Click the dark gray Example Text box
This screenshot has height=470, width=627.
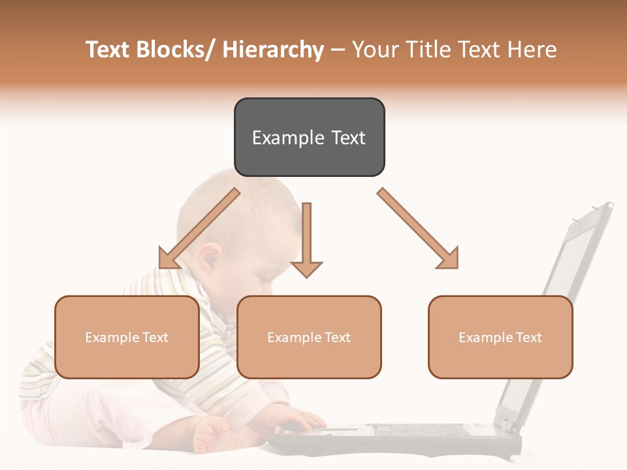309,137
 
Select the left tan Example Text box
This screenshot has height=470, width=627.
127,337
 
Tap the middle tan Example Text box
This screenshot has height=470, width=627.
309,337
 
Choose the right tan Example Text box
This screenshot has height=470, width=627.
500,337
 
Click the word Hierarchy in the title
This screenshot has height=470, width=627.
272,50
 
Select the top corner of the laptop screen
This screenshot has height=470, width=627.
607,205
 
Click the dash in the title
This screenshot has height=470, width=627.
337,50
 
